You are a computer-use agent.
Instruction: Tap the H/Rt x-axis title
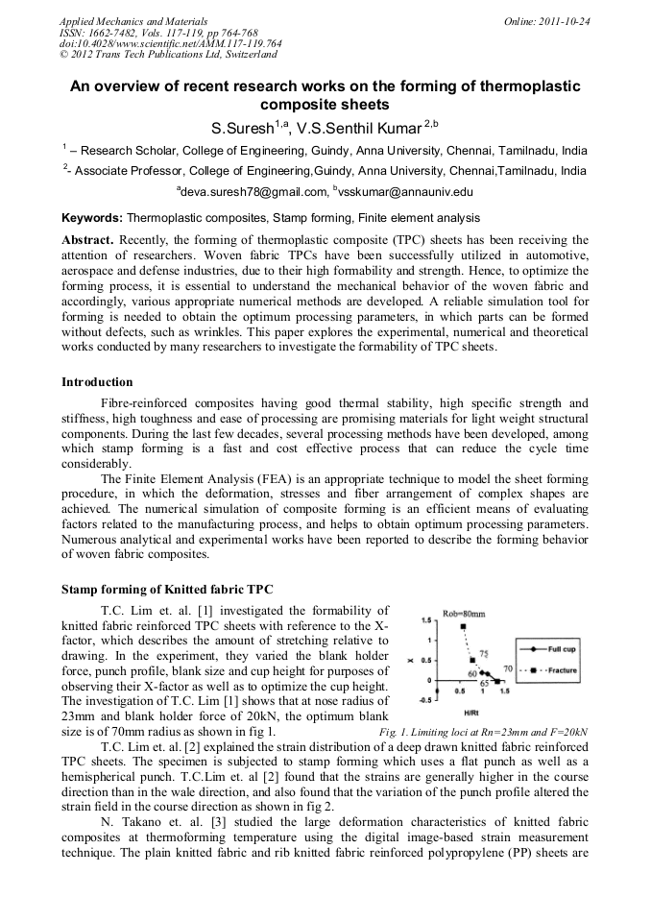coord(471,713)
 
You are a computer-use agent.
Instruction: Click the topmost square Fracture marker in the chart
coord(463,627)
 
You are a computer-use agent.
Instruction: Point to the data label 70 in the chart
coord(509,667)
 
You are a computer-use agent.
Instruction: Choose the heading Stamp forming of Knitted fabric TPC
coord(160,589)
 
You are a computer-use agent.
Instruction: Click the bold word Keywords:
coord(92,218)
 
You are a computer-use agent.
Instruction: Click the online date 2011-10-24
coord(566,21)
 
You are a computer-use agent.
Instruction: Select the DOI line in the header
coord(170,43)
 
